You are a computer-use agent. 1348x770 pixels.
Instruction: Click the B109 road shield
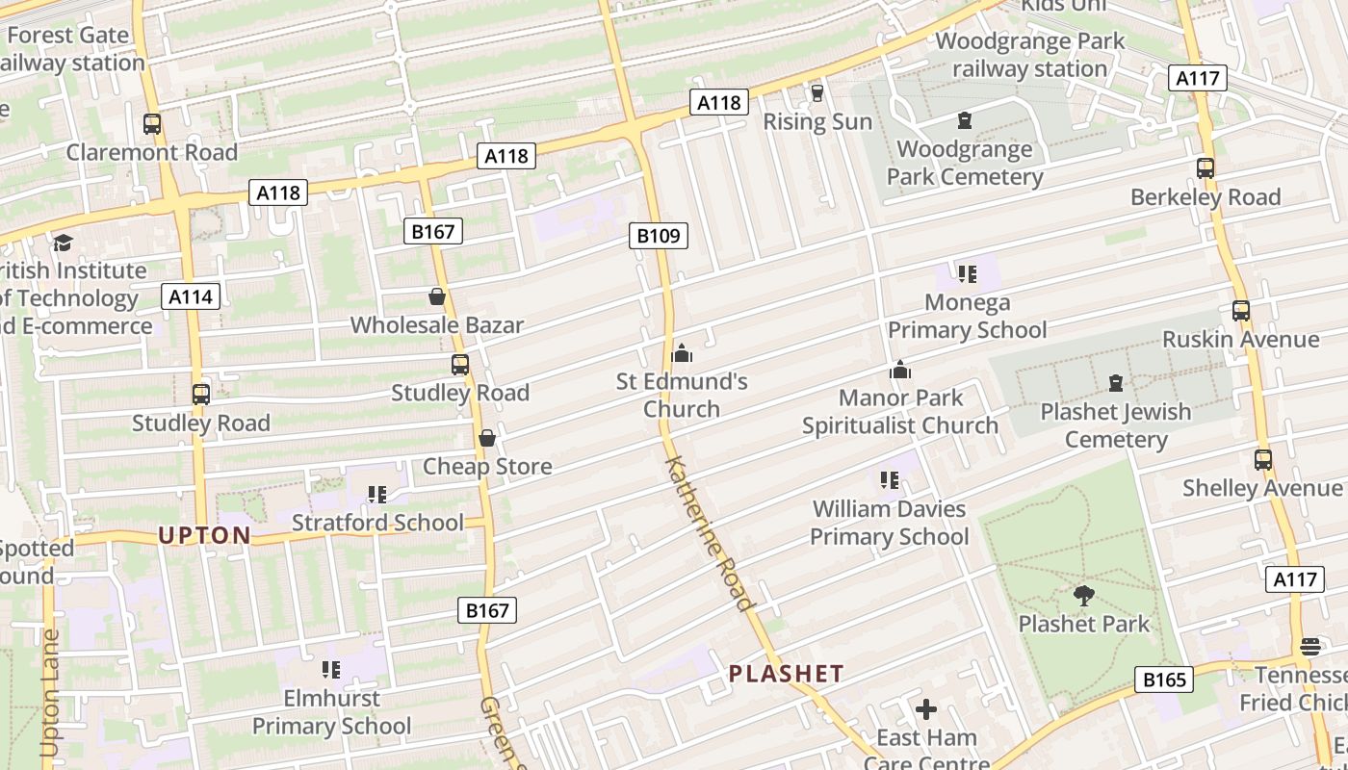660,235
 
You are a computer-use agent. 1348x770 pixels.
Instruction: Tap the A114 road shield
190,296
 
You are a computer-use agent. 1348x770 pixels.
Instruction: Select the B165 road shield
1164,680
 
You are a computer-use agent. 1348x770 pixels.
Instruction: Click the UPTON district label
204,535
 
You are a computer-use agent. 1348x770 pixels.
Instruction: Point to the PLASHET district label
786,674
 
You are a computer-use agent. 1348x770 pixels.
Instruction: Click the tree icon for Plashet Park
1084,596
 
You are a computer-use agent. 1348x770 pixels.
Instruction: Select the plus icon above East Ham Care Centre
926,710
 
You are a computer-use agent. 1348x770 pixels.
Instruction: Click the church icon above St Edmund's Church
682,353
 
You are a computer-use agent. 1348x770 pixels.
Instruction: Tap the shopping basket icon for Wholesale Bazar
437,296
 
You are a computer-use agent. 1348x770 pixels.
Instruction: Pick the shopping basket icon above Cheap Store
487,438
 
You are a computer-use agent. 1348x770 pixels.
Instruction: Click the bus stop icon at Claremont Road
152,124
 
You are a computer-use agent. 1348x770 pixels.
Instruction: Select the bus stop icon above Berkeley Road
1205,168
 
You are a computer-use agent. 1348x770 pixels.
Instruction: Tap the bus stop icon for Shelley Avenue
1263,460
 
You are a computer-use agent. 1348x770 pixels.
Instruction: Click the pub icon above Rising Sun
817,93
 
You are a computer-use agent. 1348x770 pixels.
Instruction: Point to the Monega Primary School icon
967,274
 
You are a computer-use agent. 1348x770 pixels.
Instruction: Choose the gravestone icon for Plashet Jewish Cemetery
1116,383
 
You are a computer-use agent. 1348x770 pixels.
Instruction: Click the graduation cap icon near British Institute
64,243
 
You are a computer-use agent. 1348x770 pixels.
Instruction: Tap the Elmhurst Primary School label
332,712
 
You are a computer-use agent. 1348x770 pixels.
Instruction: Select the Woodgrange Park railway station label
1029,55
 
